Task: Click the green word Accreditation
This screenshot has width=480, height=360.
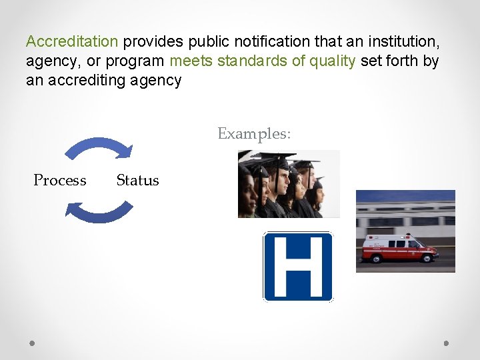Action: tap(71, 41)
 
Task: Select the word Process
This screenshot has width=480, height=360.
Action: tap(60, 180)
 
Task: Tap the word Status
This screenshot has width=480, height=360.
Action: tap(137, 180)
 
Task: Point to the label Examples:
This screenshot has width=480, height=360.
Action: tap(254, 133)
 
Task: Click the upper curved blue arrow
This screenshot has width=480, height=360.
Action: tap(101, 146)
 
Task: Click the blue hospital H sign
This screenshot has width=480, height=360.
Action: tap(297, 266)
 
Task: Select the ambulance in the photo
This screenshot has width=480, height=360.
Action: tap(399, 249)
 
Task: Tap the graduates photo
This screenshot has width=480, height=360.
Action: tap(289, 183)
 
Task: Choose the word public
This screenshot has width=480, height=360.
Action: tap(197, 41)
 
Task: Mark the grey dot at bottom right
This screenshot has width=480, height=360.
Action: tap(447, 343)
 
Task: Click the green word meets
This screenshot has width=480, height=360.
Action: tap(191, 61)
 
